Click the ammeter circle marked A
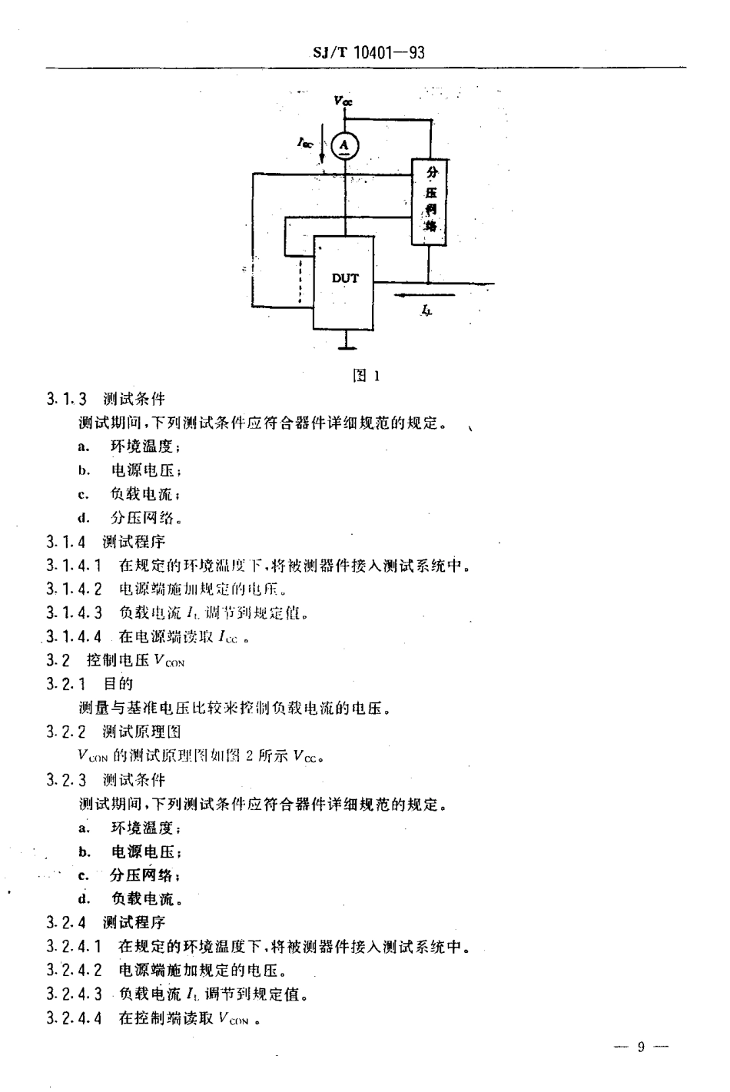point(345,144)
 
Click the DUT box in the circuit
point(344,281)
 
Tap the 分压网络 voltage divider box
point(430,201)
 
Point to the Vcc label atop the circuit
point(343,101)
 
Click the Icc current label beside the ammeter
point(305,141)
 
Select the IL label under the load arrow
point(426,310)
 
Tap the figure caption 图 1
point(366,376)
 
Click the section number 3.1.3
point(66,399)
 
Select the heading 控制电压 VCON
point(135,660)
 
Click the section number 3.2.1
point(66,684)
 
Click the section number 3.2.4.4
point(74,1018)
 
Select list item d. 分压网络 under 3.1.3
point(130,518)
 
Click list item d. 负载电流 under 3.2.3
point(130,898)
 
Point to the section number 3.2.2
point(66,732)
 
